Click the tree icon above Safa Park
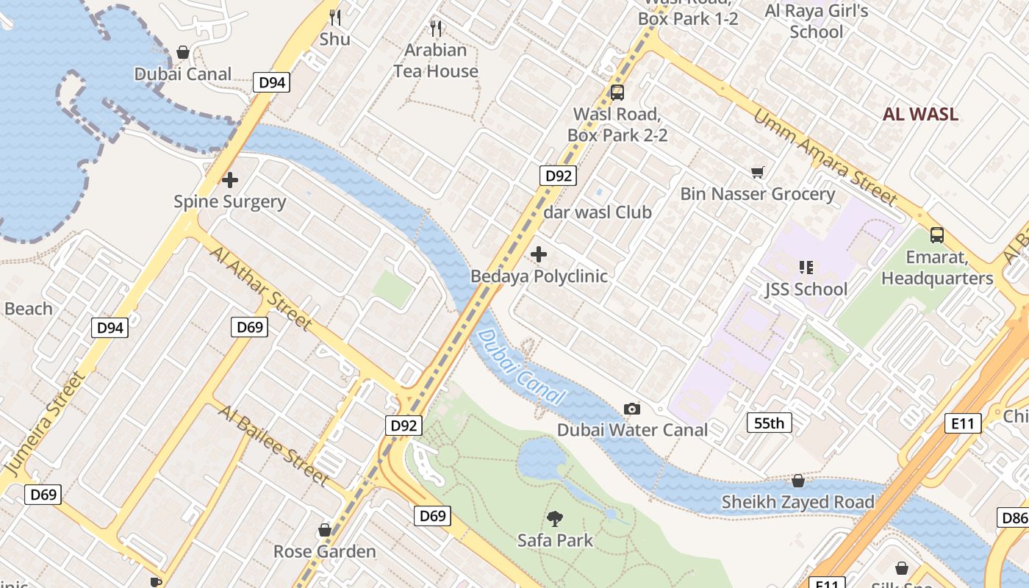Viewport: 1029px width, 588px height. [555, 519]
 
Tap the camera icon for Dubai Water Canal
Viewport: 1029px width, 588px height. [631, 409]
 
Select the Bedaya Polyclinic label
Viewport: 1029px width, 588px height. [539, 276]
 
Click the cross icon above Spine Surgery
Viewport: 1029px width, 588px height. [230, 179]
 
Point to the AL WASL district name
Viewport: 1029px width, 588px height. [920, 114]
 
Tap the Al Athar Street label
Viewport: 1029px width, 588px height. [261, 287]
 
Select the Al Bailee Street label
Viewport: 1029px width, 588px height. [273, 445]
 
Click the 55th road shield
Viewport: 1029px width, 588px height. [770, 423]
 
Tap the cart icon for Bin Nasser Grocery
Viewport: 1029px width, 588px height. [757, 173]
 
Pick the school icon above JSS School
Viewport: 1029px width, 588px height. [806, 268]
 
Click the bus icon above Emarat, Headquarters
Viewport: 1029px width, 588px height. [936, 235]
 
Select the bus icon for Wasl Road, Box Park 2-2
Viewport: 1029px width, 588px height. [617, 93]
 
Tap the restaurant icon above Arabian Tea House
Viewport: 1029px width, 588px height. [436, 29]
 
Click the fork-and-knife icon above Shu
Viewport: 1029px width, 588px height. [334, 17]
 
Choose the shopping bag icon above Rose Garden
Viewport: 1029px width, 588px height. [324, 530]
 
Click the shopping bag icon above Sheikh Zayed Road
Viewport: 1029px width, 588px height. [797, 481]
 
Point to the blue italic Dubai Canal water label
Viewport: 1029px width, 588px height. [521, 368]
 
